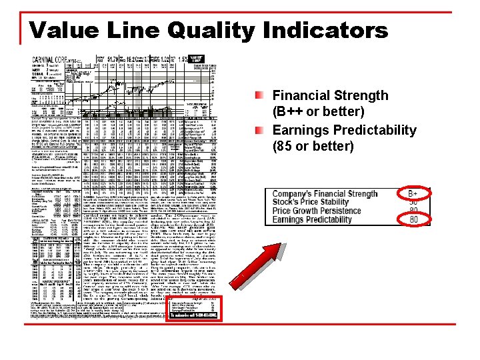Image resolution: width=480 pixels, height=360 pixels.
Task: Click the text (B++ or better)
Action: [x=319, y=111]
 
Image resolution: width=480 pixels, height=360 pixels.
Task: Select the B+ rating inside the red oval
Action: [x=413, y=193]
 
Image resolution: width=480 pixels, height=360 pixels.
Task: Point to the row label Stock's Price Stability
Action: [x=311, y=202]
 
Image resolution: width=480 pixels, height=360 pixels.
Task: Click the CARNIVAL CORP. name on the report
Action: [x=53, y=60]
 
